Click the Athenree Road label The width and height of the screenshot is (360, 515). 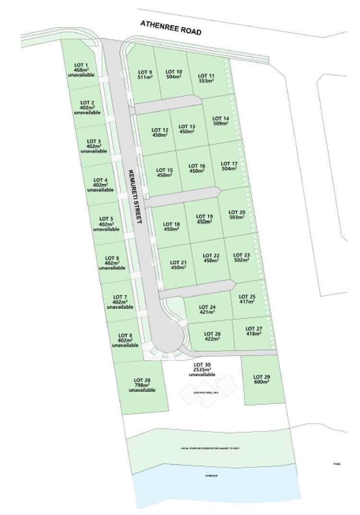point(170,27)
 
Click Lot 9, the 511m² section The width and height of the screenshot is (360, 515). point(144,74)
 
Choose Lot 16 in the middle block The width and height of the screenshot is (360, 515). point(197,168)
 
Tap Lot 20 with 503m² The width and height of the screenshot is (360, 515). point(237,214)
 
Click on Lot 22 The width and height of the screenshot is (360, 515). point(211,257)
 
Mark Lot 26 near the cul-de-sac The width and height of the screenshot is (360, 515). point(212,336)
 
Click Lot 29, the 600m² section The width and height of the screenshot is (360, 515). point(261,379)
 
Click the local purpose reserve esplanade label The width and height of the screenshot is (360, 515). point(210,448)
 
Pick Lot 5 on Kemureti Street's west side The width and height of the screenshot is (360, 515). point(106,224)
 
